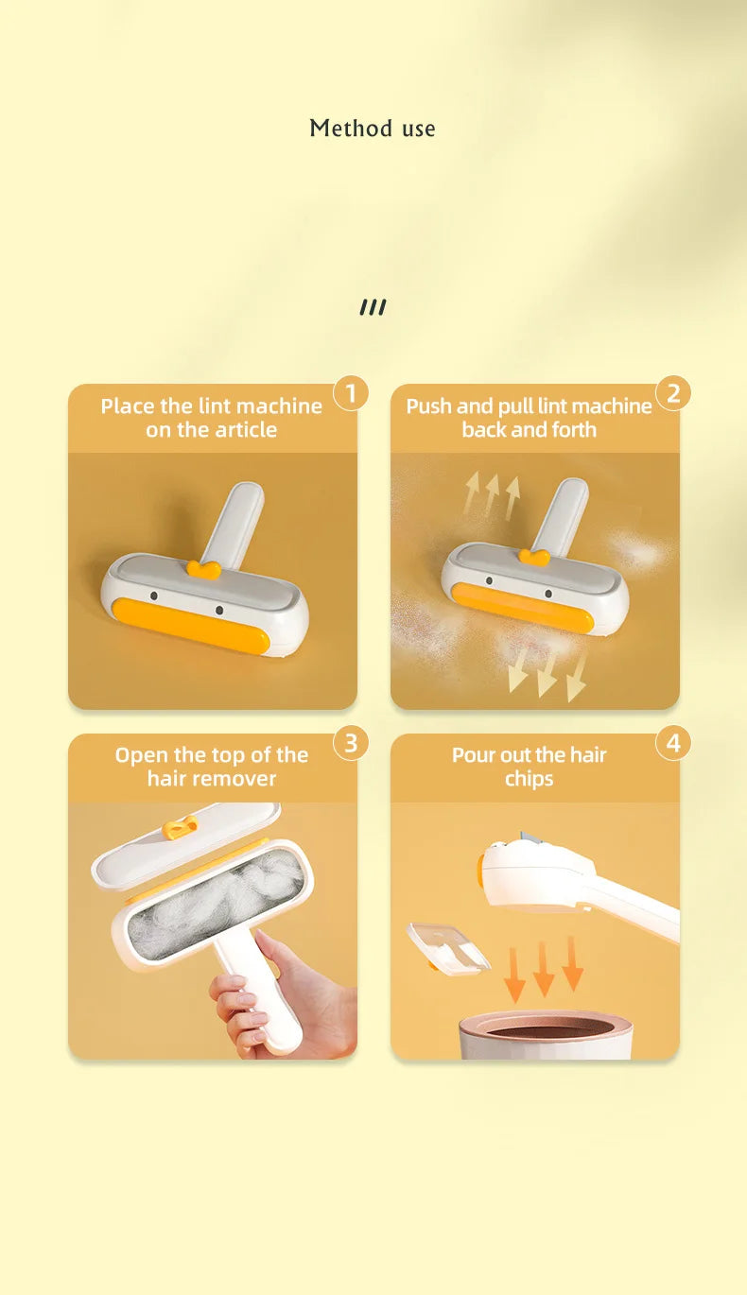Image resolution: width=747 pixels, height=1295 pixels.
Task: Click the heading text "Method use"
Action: [x=373, y=129]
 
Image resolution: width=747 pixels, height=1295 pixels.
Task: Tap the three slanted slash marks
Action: [x=373, y=307]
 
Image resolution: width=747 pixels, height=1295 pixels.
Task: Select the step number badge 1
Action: [x=351, y=392]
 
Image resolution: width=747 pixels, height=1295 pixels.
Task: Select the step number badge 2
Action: [x=673, y=392]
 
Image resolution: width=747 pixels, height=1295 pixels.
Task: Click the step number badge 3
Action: [x=351, y=743]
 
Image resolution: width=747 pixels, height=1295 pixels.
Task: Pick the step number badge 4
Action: [x=673, y=743]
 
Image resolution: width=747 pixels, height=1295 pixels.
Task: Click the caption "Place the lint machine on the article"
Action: [x=212, y=418]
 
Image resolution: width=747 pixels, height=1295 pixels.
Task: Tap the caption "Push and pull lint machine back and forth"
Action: [x=530, y=418]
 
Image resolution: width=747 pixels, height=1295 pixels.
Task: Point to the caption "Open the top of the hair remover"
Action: [x=212, y=767]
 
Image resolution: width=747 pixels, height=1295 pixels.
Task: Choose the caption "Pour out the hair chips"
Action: [x=530, y=767]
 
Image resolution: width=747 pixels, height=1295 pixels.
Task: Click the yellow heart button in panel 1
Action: [x=203, y=569]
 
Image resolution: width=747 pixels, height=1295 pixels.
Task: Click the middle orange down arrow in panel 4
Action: [x=544, y=969]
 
